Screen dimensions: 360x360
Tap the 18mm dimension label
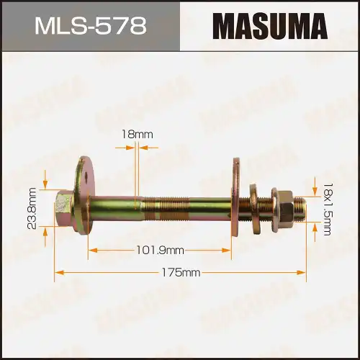[x=137, y=134]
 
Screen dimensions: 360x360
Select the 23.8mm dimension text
[x=32, y=208]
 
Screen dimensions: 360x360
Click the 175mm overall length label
[x=180, y=273]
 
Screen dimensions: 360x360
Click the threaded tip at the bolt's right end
[x=302, y=207]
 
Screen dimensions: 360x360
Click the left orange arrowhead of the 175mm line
[x=58, y=273]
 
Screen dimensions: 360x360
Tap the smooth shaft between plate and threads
[x=115, y=207]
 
